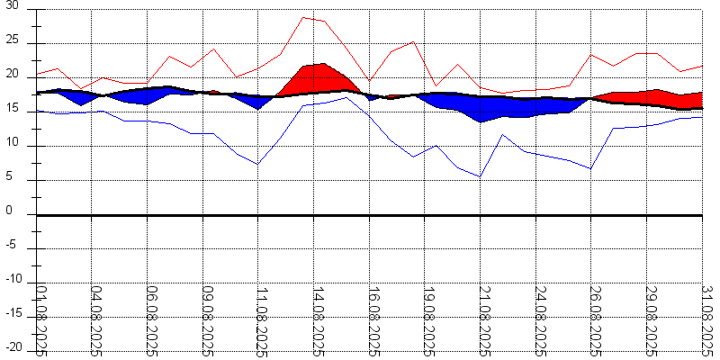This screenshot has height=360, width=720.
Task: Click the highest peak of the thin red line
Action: click(x=303, y=17)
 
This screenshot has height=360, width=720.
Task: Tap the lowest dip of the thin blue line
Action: click(x=481, y=176)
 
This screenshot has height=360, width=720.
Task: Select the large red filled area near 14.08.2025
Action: click(x=315, y=78)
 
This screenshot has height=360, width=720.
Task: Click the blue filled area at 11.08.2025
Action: click(x=258, y=102)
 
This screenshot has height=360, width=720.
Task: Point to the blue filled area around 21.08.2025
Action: click(x=481, y=110)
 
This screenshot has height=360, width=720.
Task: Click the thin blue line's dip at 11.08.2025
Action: click(x=258, y=164)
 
